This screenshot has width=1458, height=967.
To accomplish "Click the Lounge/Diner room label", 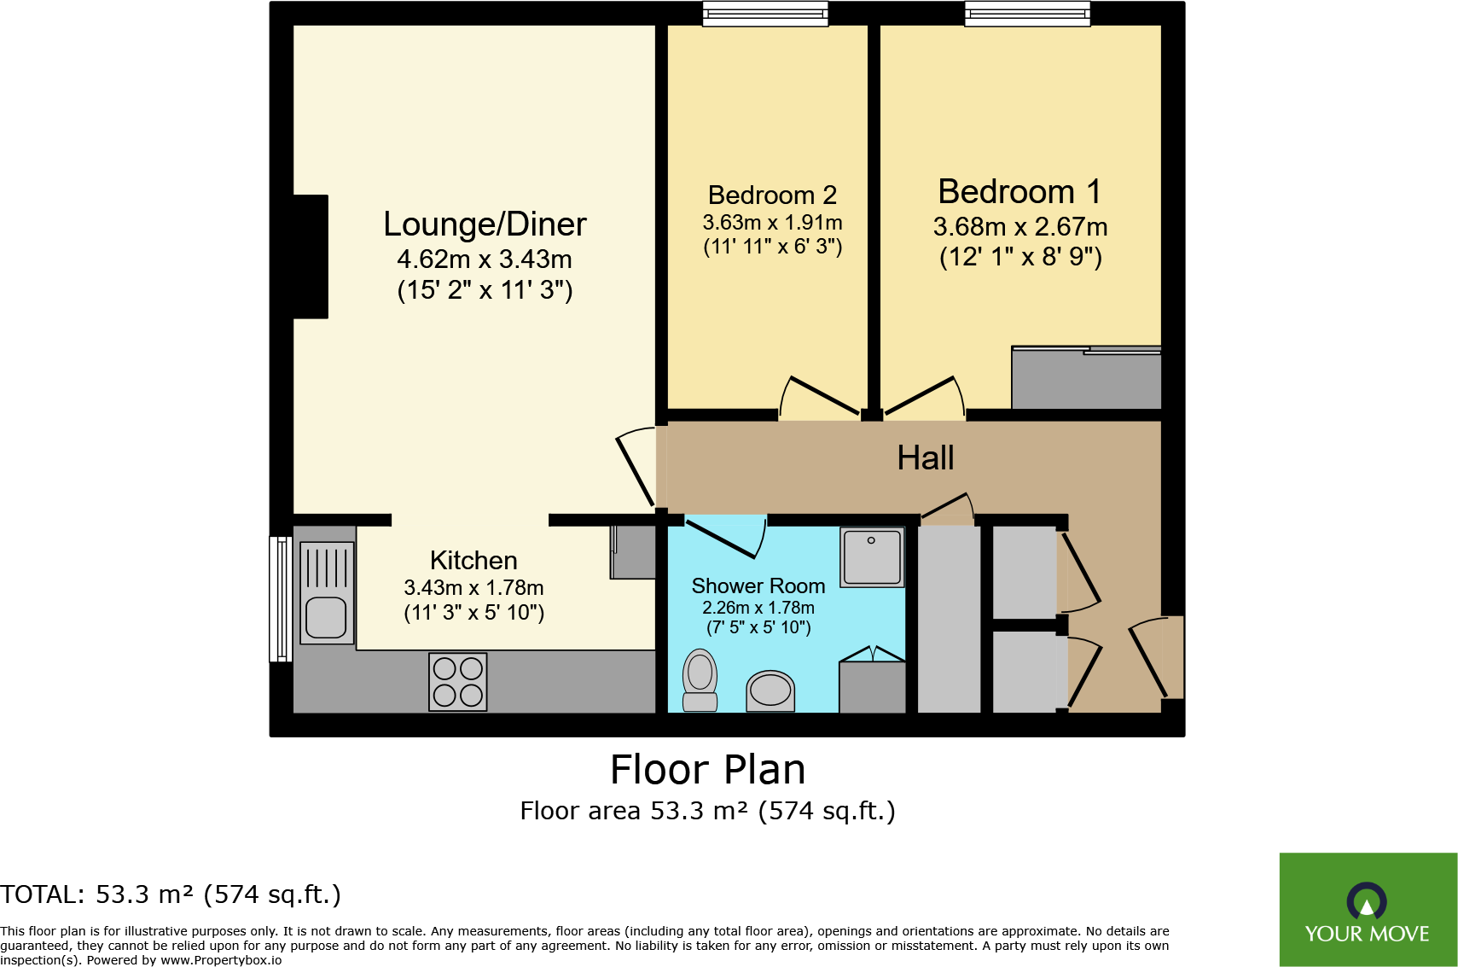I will point(485,224).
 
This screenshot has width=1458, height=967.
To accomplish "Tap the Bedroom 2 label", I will point(772,195).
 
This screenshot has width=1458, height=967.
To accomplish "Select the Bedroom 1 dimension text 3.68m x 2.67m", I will point(1020,227).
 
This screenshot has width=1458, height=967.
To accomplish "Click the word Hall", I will point(925,458).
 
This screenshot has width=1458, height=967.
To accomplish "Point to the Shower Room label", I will point(758,586).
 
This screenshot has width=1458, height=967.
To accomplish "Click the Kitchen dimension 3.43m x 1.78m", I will point(473,588).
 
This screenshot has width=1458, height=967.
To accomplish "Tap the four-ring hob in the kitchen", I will point(458,682).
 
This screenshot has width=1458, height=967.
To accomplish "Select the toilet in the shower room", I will point(700,680).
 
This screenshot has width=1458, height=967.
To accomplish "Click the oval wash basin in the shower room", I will point(770,690).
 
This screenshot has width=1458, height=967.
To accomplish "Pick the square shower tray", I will point(872,557).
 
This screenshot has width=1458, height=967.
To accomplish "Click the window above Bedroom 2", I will point(765,14).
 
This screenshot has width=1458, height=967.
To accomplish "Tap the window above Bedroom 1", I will point(1027,14).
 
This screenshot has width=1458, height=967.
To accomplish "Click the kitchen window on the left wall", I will point(281,598).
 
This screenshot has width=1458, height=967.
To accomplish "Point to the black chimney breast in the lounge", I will point(311,257).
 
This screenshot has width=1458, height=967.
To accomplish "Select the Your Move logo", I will point(1368,910).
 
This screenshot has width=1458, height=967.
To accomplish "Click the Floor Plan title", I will point(707,770).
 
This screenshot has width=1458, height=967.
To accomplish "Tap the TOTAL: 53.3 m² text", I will point(171,894).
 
